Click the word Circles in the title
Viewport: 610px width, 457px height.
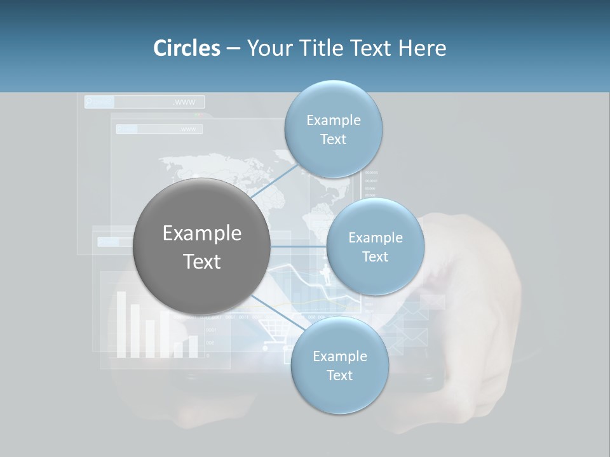(186, 48)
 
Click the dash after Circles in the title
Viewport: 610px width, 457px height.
(233, 49)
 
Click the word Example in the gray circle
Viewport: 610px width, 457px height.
(202, 234)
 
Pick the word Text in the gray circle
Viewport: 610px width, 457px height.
(202, 262)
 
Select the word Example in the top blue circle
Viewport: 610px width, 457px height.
(333, 121)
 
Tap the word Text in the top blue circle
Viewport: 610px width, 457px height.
(333, 140)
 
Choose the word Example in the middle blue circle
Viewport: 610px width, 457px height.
(375, 238)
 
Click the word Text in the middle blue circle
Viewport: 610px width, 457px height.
(375, 257)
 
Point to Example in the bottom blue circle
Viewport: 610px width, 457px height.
(339, 357)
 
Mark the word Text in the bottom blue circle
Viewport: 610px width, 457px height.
(339, 376)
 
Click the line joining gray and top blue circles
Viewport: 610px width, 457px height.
(274, 182)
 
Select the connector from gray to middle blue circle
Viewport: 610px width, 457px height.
(299, 246)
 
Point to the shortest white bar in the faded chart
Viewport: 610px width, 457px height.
(178, 350)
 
